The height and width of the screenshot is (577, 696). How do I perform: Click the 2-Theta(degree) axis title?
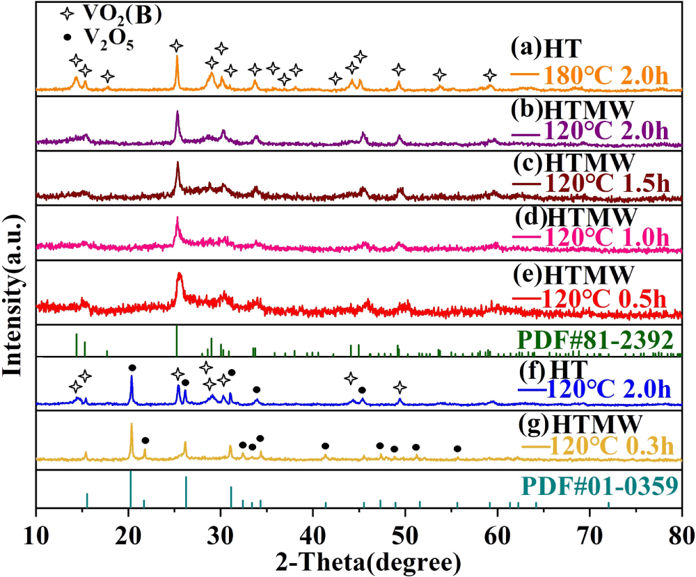click(359, 560)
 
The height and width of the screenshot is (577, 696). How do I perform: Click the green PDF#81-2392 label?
click(594, 340)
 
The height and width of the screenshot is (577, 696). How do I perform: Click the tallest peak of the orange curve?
click(177, 58)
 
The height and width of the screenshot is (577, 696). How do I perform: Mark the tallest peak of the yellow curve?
click(132, 425)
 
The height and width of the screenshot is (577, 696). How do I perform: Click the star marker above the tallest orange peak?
click(177, 46)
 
